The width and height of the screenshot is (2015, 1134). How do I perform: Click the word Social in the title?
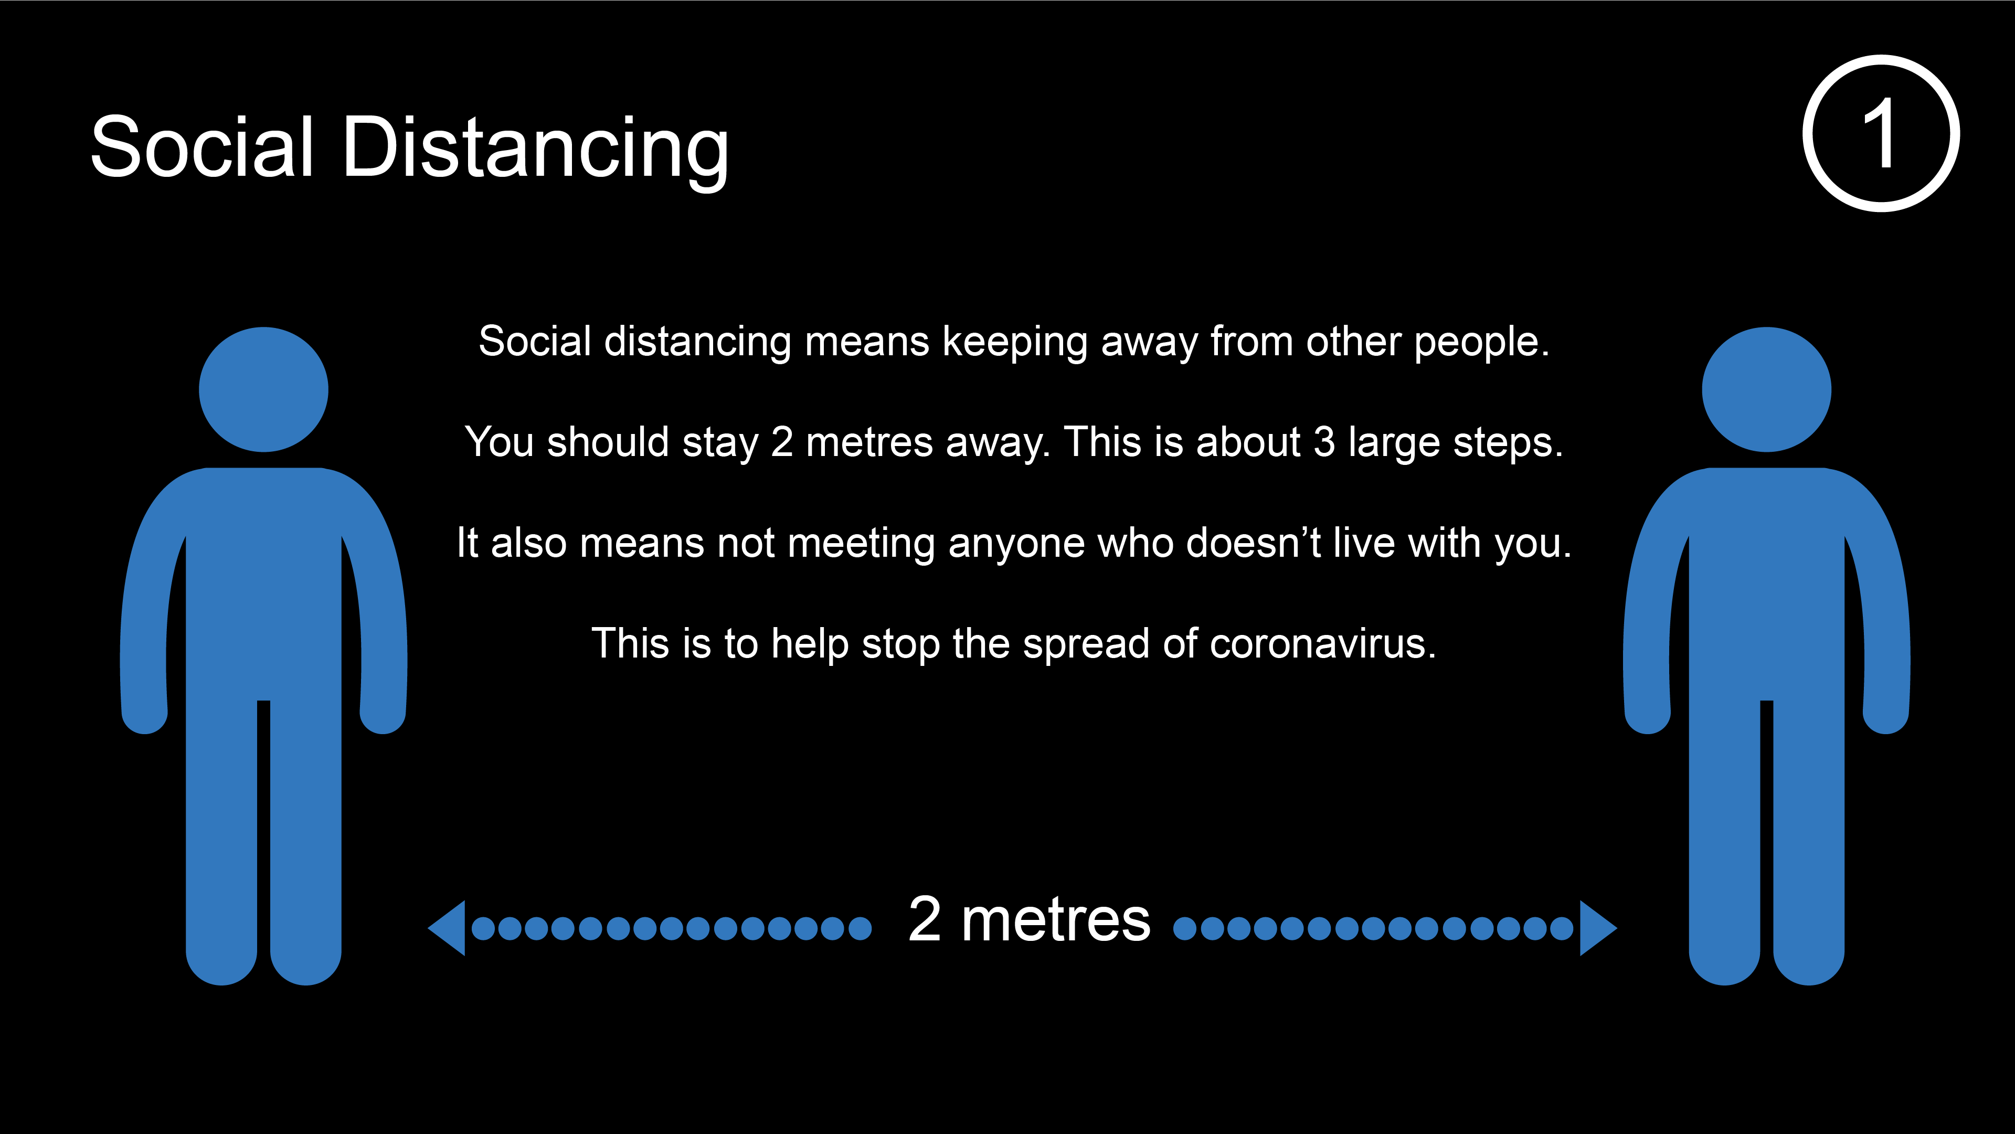coord(202,146)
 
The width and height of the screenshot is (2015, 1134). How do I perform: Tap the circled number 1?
coord(1881,133)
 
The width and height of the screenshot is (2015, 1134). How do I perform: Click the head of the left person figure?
coord(263,389)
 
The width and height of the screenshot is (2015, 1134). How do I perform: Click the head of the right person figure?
coord(1766,389)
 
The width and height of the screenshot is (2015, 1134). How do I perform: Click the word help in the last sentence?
coord(810,646)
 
